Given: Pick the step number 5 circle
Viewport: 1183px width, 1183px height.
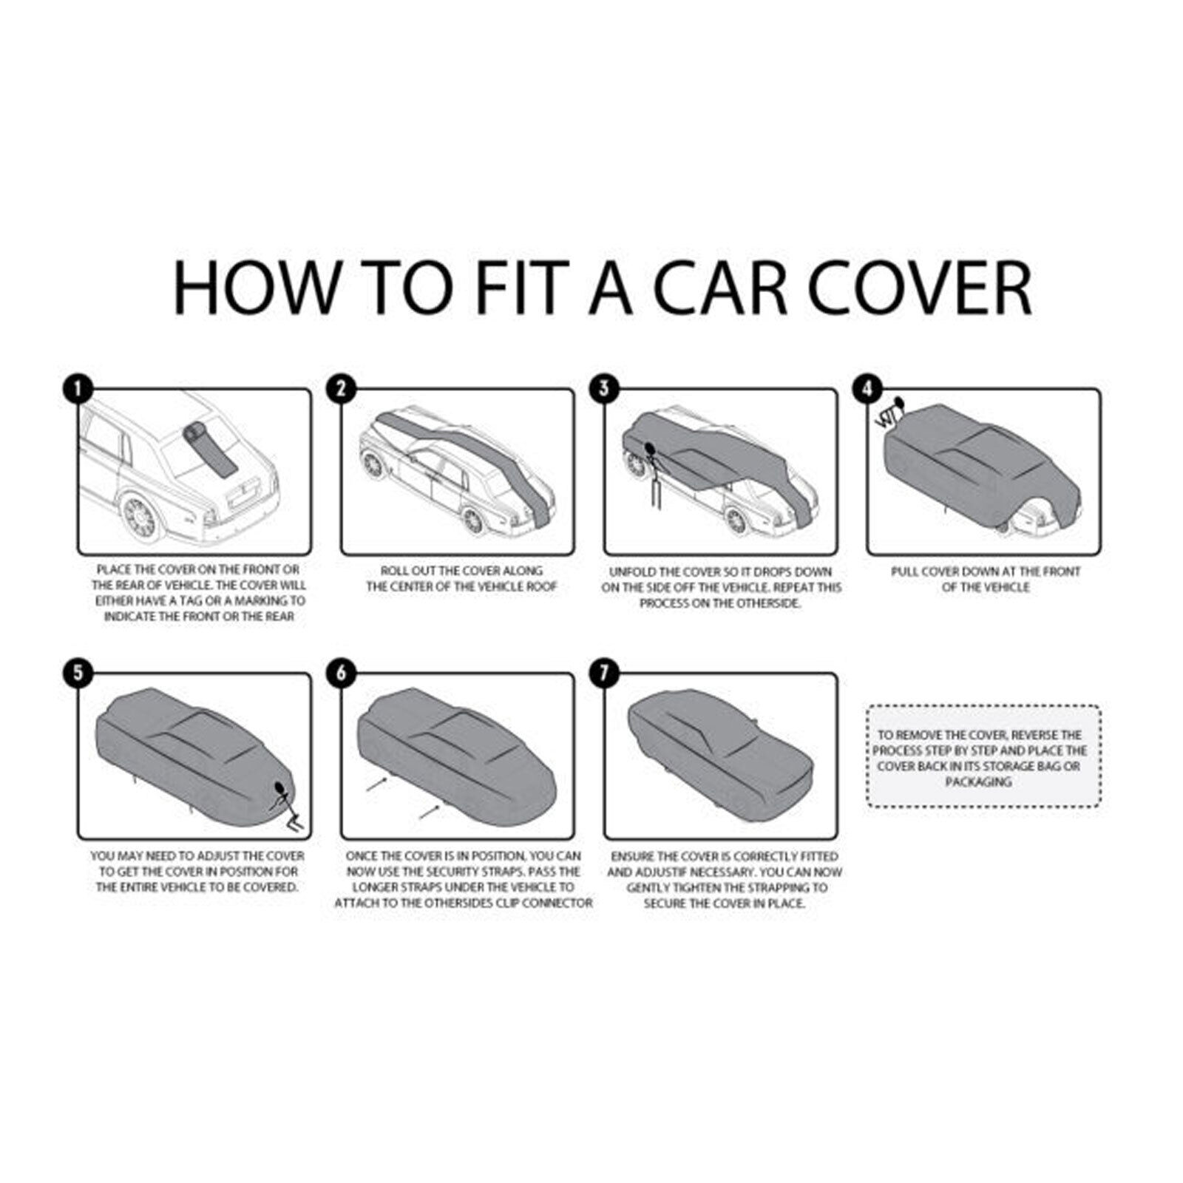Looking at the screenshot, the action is [x=77, y=673].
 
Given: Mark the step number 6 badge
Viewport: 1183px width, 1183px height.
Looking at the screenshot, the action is [x=340, y=673].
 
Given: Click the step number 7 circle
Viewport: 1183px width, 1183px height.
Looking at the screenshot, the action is [x=604, y=673].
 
